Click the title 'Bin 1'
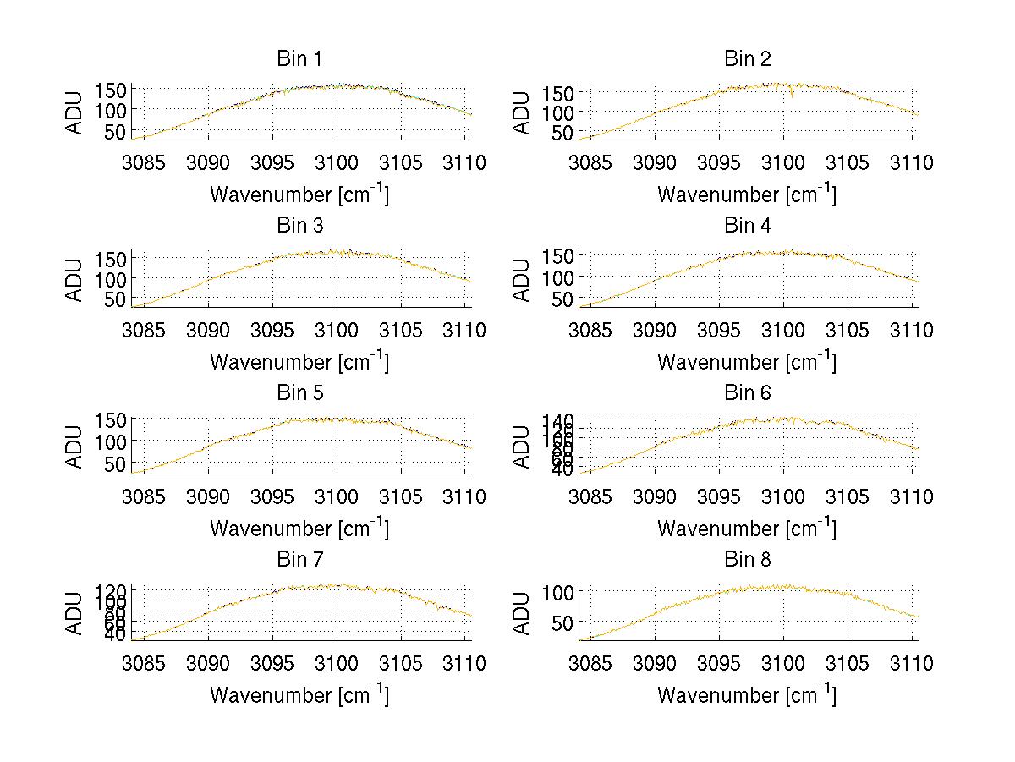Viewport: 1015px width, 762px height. pos(299,59)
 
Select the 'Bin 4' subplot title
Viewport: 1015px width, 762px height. pos(748,226)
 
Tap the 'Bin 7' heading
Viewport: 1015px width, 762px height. pos(299,560)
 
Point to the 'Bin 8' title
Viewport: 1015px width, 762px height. pos(748,560)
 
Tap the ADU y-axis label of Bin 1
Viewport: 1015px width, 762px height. pos(75,112)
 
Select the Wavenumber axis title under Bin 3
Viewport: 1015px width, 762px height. pos(299,362)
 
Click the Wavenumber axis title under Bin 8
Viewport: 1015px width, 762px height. pos(747,696)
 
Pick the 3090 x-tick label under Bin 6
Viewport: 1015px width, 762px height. pos(655,497)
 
